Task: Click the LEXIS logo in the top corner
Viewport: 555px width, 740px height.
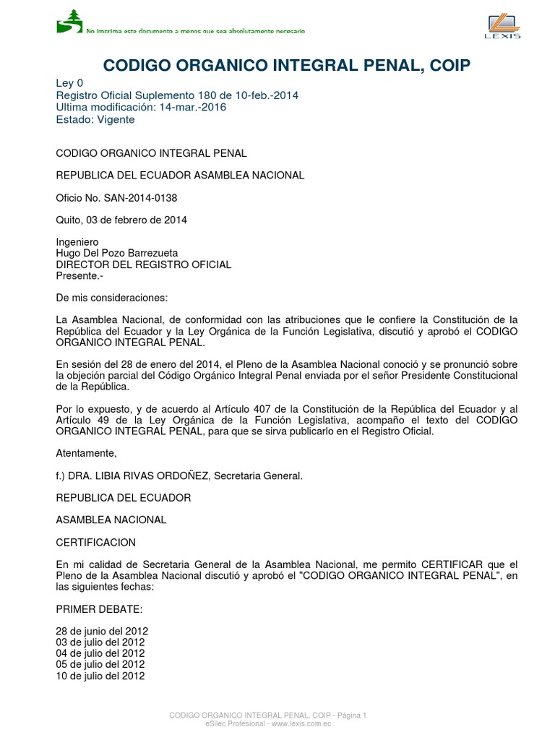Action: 504,26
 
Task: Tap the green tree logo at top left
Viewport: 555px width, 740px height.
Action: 69,21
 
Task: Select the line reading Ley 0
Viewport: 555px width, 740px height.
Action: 69,83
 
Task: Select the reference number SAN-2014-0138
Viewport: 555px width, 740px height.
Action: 142,197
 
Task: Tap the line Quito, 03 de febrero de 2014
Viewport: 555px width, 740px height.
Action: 121,220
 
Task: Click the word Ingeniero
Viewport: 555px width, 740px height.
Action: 77,242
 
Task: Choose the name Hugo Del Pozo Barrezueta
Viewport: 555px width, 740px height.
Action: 117,253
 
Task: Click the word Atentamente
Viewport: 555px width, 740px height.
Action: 85,453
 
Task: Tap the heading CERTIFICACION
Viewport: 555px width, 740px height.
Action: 95,542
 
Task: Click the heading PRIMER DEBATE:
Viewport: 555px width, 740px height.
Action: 94,608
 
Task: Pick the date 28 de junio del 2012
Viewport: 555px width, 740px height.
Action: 102,631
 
